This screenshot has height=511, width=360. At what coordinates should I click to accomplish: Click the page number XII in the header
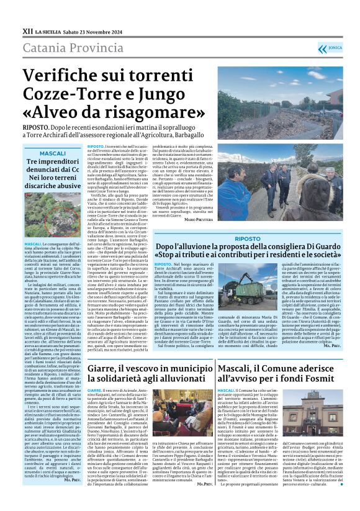coord(27,30)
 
